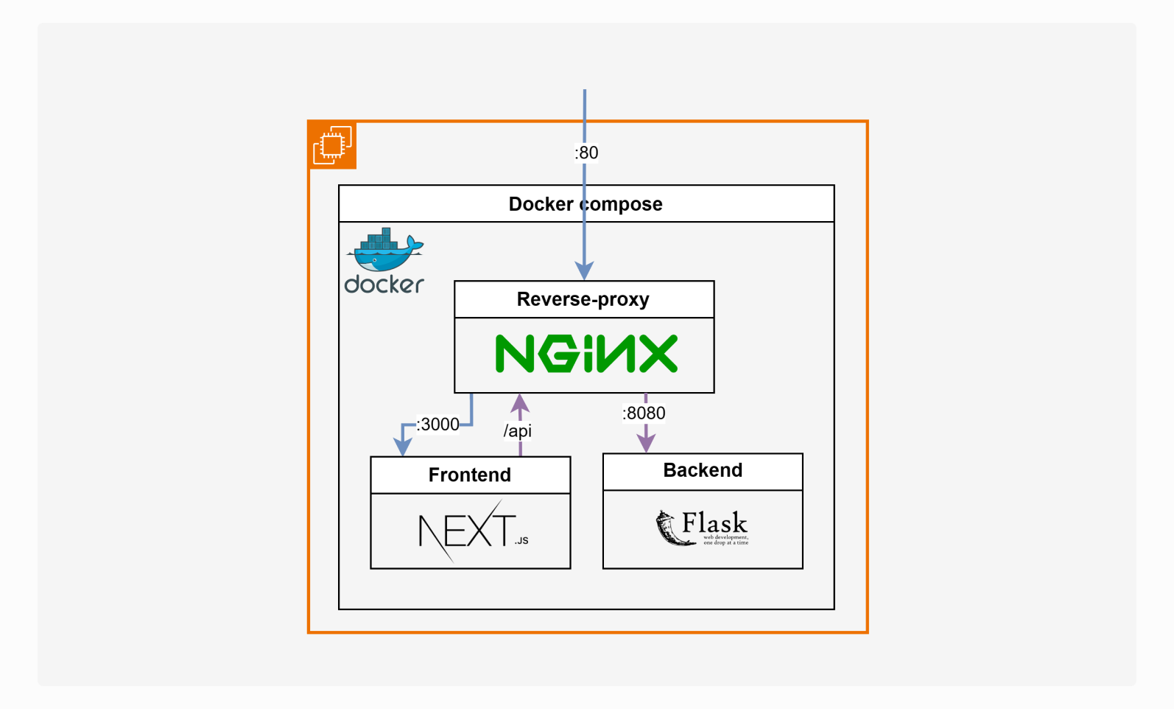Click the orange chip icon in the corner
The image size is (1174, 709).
(x=333, y=145)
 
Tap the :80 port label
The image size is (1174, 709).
(x=586, y=153)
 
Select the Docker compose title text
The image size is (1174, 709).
(x=586, y=204)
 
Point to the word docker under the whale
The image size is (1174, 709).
(x=384, y=284)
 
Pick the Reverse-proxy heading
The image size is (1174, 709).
(x=583, y=299)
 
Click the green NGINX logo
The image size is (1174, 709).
(x=586, y=354)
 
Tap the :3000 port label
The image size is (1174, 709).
(x=438, y=425)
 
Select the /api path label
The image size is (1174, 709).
(x=517, y=430)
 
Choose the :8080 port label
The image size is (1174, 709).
(x=644, y=413)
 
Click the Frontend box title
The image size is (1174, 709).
(x=470, y=475)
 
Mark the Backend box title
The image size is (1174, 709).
(x=703, y=470)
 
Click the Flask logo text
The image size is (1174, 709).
(x=714, y=523)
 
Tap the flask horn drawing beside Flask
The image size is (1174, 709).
(x=672, y=528)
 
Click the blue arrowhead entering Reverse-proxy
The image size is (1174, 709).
(x=584, y=270)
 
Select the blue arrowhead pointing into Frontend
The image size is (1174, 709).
(x=403, y=447)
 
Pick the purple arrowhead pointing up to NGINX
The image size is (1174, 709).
(x=520, y=402)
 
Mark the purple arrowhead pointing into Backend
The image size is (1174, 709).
(x=646, y=444)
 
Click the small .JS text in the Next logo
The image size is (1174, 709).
(x=521, y=541)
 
